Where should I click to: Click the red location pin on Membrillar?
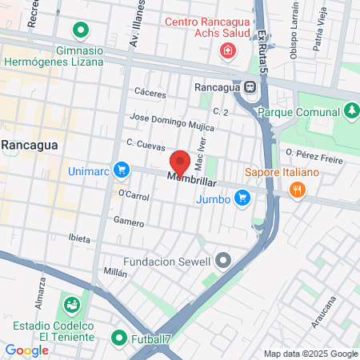coord(180,162)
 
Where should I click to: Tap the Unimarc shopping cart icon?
coord(121,170)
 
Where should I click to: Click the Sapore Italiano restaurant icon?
coord(298,190)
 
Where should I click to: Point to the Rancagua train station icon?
coord(250,87)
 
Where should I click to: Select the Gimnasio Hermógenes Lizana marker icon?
coord(80,32)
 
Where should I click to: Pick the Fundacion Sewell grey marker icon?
coord(223,261)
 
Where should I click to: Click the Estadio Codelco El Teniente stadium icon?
coord(71,305)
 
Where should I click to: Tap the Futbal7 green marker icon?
coord(119,338)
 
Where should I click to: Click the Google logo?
coord(26,350)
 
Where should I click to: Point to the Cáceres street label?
coord(150,93)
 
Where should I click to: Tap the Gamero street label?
coord(128,220)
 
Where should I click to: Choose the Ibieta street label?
coord(79,238)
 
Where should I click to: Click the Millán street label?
coord(115,272)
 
